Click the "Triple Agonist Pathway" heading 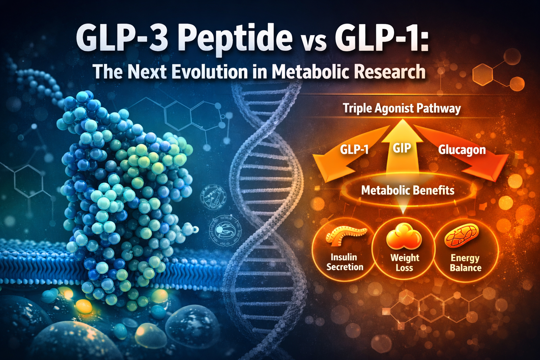401,108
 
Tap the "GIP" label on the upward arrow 402,148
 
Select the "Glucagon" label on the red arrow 462,150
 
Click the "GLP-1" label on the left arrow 354,150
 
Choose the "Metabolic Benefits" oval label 408,191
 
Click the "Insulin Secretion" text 345,262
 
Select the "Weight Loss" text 404,263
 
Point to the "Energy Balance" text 465,263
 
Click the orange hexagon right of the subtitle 483,74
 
